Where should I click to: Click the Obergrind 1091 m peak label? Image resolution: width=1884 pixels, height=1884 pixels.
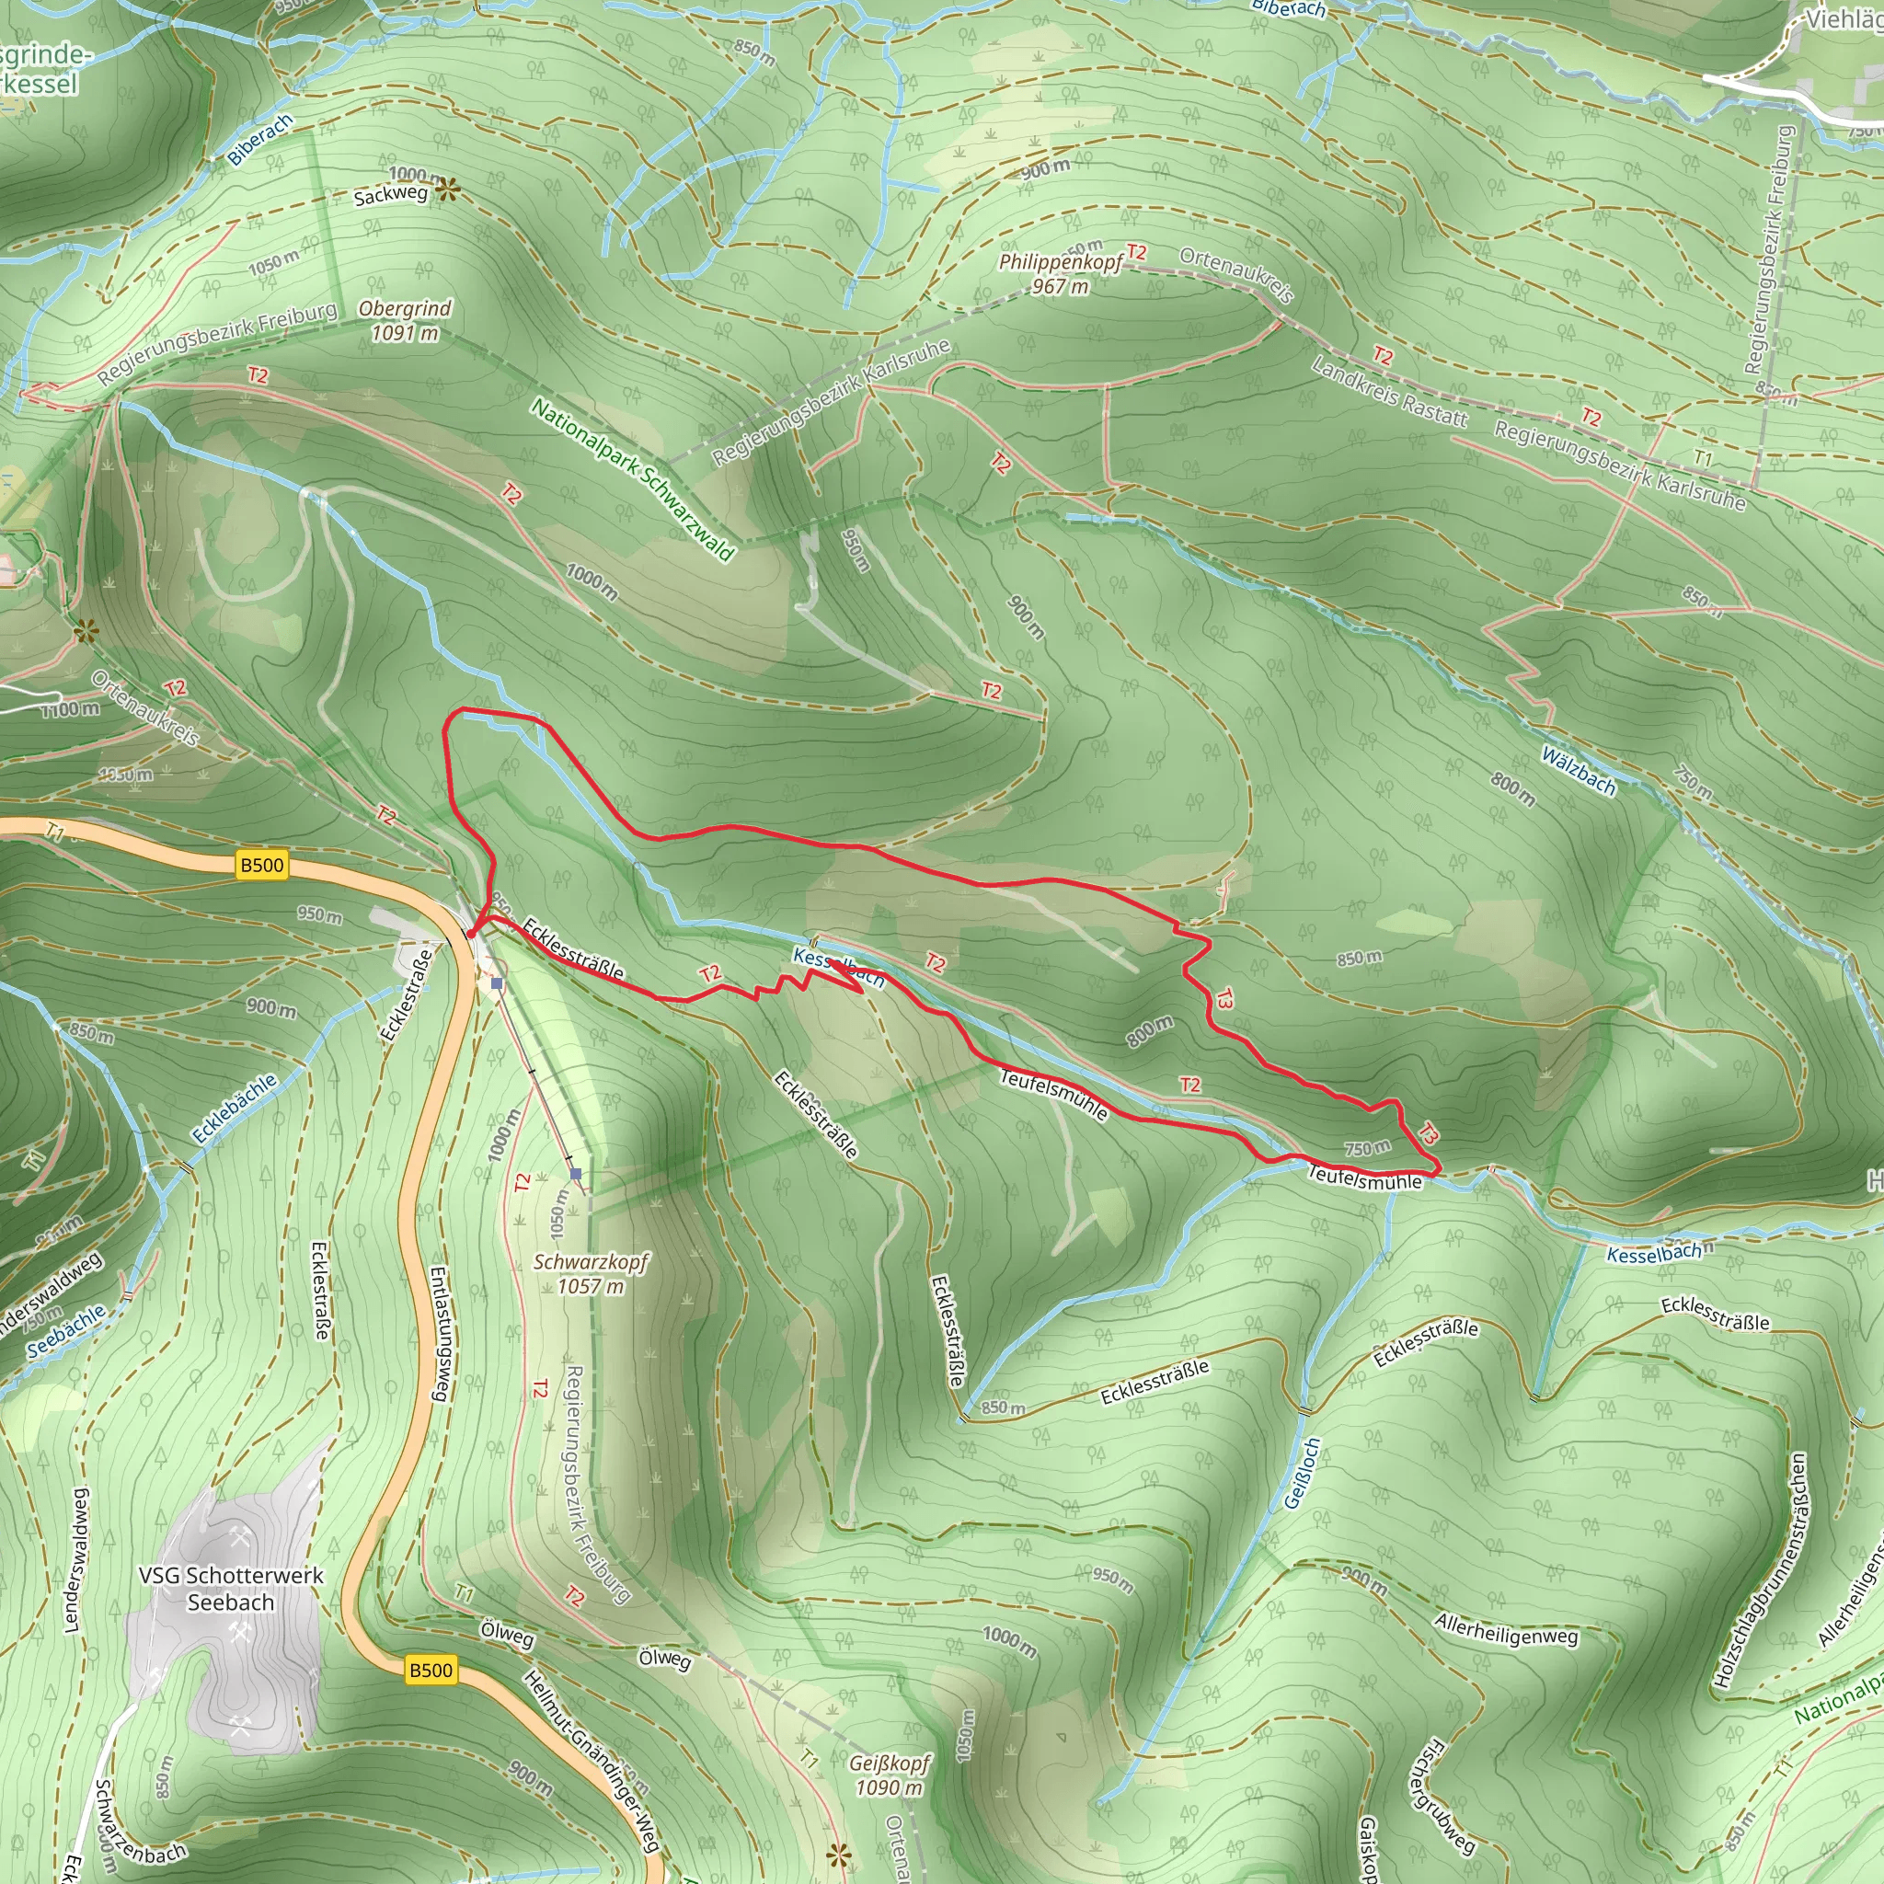[405, 321]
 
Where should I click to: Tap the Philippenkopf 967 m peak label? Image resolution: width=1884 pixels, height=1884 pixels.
[1060, 274]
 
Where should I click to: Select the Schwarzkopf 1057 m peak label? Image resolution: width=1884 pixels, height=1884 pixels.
[591, 1273]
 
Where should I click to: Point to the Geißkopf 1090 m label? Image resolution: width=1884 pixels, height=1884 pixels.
[890, 1775]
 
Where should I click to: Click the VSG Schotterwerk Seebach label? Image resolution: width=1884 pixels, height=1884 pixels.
[231, 1589]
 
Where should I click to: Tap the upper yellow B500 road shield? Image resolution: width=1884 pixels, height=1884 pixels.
[262, 865]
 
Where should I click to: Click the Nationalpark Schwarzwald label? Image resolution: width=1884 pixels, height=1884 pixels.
[632, 478]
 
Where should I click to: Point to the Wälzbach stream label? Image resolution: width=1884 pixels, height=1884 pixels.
[1579, 770]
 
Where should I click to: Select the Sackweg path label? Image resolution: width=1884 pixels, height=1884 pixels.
[390, 195]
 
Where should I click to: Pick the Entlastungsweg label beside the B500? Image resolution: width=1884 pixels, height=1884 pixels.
[440, 1334]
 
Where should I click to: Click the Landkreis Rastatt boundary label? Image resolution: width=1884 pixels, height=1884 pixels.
[1388, 393]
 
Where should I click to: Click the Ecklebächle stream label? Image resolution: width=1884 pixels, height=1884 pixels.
[235, 1108]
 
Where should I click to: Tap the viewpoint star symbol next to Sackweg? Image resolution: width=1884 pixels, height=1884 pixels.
[446, 190]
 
